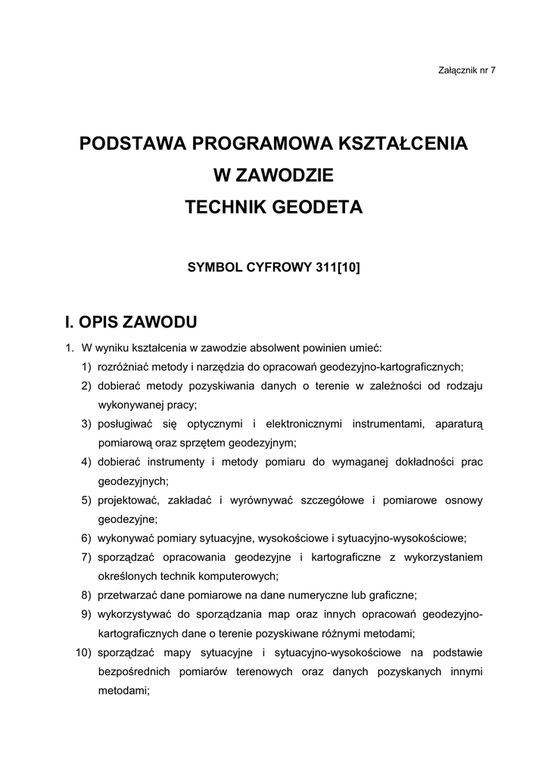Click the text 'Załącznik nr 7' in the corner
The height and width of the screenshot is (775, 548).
(x=466, y=70)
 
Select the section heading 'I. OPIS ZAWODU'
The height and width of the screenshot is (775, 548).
(x=131, y=322)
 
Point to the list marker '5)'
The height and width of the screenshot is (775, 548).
(x=87, y=500)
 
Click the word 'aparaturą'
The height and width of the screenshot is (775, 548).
(x=459, y=424)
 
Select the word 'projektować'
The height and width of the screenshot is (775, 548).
(x=127, y=500)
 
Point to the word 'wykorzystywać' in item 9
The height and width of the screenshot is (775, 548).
(x=132, y=614)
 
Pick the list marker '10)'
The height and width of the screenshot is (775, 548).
(x=84, y=652)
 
